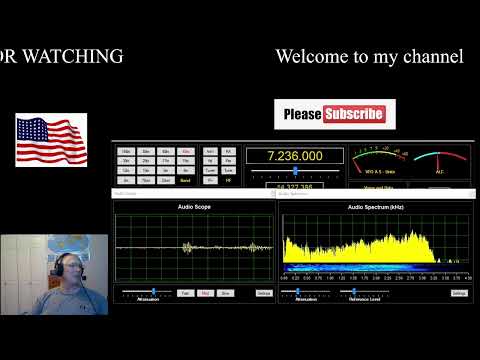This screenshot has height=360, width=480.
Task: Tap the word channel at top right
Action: click(x=430, y=57)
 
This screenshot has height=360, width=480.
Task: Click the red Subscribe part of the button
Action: click(x=353, y=114)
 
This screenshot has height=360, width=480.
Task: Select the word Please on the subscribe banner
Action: click(x=302, y=114)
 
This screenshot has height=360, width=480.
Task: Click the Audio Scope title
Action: click(x=194, y=207)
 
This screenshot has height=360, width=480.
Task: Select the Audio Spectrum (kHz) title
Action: click(x=375, y=207)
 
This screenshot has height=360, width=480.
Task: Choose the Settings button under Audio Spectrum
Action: click(x=459, y=293)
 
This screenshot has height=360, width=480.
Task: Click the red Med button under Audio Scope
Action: click(x=205, y=293)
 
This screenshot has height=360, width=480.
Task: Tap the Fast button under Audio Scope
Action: click(x=185, y=293)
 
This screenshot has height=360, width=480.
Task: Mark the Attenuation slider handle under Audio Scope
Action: click(x=152, y=292)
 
